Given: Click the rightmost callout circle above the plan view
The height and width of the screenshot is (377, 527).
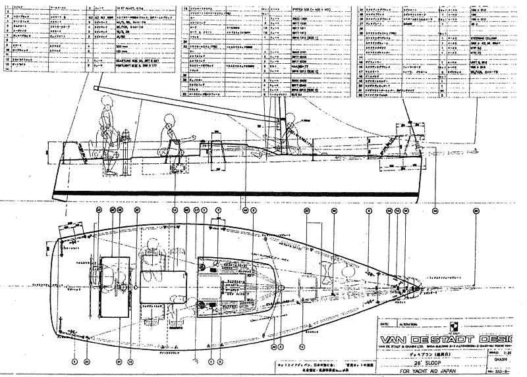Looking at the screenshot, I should coord(476,211).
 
